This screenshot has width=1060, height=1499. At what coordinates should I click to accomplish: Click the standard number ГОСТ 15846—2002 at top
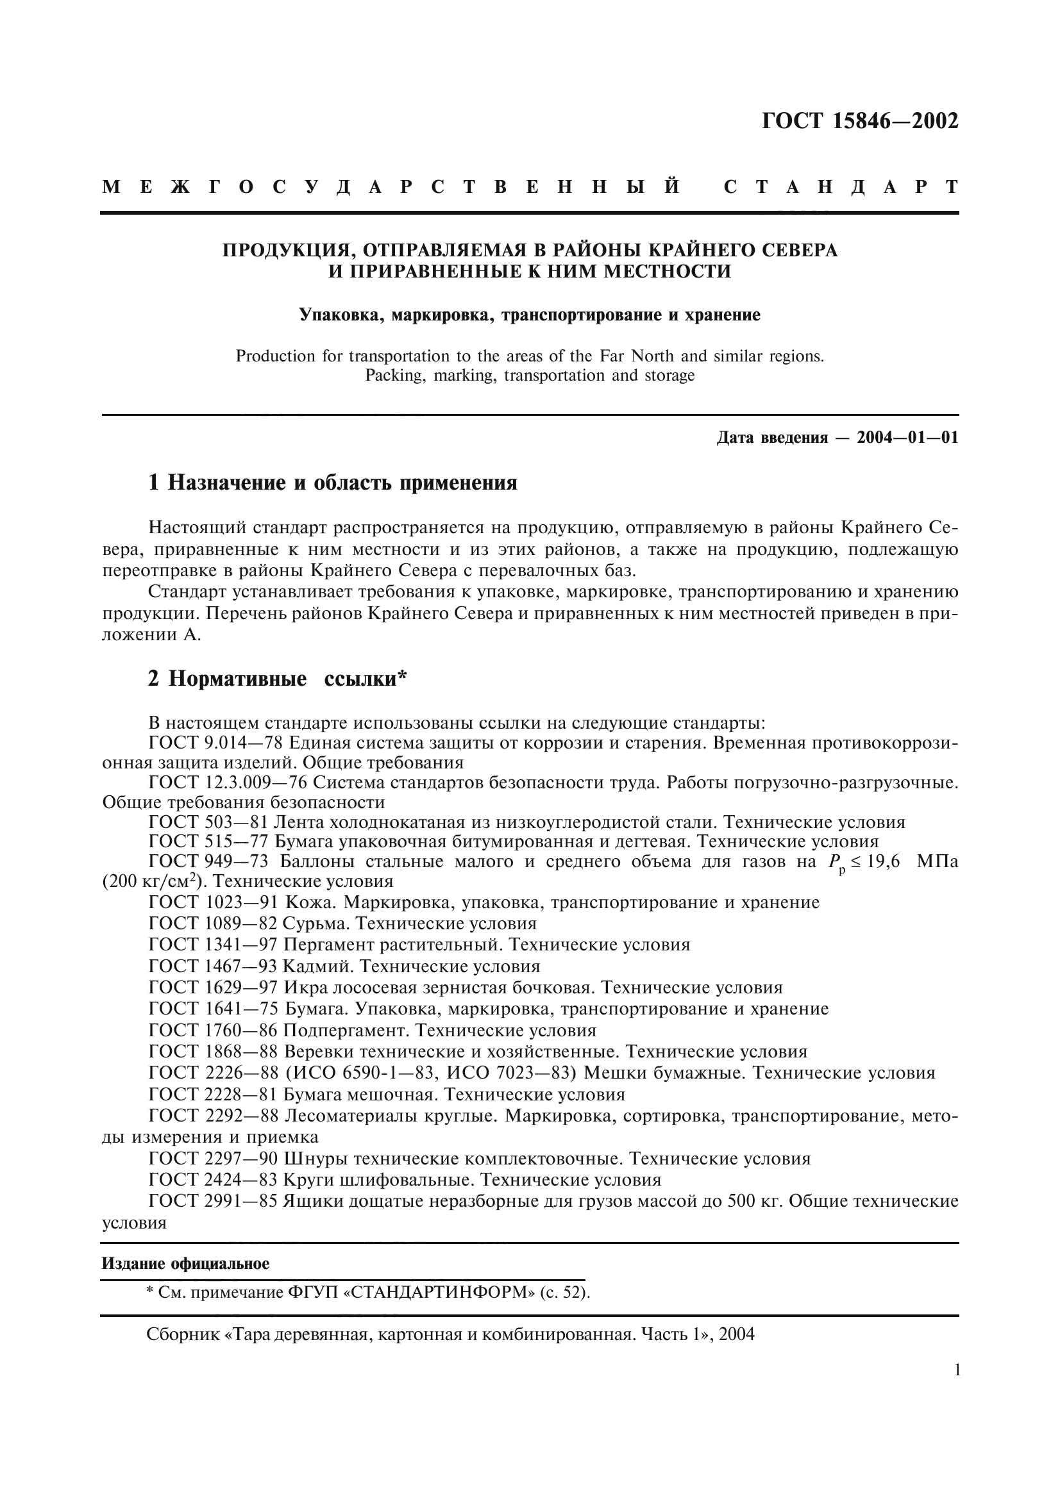(860, 121)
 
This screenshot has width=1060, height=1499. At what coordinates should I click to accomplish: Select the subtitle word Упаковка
(341, 315)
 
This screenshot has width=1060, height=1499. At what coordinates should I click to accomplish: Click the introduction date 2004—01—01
(907, 438)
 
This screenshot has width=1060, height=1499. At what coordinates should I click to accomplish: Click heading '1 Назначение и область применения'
(332, 483)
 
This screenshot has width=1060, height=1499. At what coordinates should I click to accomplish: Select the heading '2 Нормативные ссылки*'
(278, 679)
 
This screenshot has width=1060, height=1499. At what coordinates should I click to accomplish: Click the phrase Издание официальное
(185, 1263)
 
